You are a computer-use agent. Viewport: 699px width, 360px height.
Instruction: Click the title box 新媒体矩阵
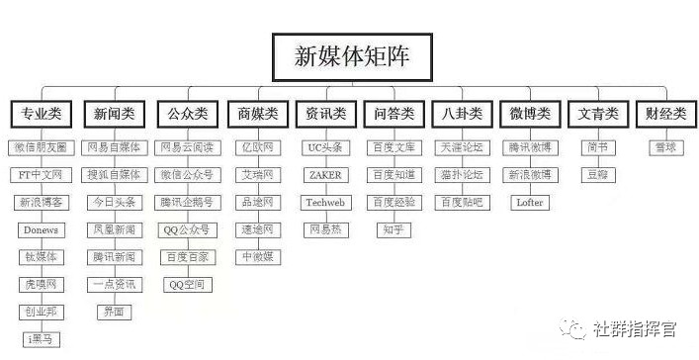(x=350, y=56)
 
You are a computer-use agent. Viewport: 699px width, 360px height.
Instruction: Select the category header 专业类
(x=41, y=114)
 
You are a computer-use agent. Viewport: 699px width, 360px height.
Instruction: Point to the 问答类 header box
(x=393, y=114)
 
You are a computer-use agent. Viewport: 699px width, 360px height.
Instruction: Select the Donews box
(x=42, y=230)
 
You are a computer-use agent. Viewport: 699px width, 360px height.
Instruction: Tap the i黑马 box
(x=42, y=339)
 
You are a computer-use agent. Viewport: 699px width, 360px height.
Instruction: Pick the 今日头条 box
(x=114, y=203)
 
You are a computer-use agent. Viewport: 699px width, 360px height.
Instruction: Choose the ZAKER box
(x=324, y=175)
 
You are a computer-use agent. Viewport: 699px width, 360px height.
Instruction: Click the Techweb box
(x=324, y=203)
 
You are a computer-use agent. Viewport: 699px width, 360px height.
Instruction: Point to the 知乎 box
(x=393, y=230)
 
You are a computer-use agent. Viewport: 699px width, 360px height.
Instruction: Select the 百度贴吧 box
(x=463, y=203)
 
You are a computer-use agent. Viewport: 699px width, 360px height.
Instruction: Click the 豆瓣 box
(x=597, y=175)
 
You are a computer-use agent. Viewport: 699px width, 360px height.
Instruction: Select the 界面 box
(x=114, y=312)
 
